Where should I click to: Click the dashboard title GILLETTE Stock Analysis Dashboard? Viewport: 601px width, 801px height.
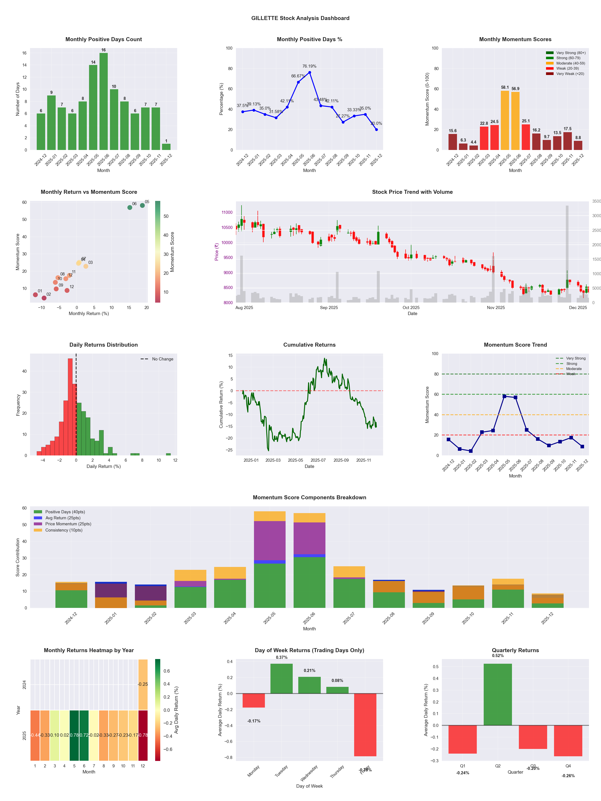[x=300, y=18]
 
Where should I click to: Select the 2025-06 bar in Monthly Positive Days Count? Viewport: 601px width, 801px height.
[x=104, y=101]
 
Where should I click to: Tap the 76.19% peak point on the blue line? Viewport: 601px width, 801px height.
[x=309, y=72]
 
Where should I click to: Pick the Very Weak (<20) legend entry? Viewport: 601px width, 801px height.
[x=570, y=74]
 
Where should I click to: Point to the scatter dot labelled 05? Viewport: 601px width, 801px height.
[x=142, y=205]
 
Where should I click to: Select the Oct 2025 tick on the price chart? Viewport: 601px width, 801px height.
[x=411, y=308]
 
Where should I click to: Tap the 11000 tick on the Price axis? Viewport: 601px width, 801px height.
[x=227, y=212]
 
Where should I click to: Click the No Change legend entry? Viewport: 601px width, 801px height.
[x=162, y=359]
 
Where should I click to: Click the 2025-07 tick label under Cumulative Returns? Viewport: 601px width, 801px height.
[x=318, y=460]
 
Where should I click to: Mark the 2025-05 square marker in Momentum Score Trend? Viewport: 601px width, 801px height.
[x=504, y=396]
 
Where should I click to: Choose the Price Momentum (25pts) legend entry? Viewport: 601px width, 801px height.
[x=68, y=524]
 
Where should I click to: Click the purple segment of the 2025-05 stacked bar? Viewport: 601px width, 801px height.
[x=270, y=541]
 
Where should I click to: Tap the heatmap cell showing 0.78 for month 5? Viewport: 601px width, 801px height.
[x=74, y=735]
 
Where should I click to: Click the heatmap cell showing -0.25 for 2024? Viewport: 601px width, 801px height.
[x=143, y=684]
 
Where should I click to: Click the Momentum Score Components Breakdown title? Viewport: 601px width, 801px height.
[x=309, y=498]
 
